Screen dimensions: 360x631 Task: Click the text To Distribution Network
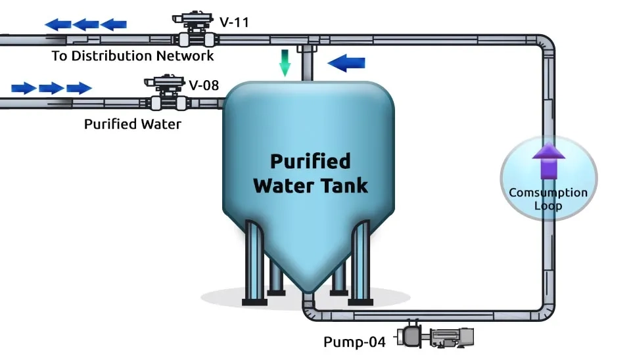pyautogui.click(x=133, y=56)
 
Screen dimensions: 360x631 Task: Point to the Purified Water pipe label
pyautogui.click(x=133, y=124)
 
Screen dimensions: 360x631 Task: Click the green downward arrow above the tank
pyautogui.click(x=285, y=63)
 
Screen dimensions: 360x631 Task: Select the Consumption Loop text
pyautogui.click(x=548, y=199)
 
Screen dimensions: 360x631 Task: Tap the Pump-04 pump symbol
pyautogui.click(x=434, y=338)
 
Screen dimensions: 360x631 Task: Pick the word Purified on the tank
pyautogui.click(x=310, y=161)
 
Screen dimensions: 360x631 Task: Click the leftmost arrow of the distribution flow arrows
pyautogui.click(x=58, y=25)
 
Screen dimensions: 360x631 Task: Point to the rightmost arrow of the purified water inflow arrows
pyautogui.click(x=79, y=88)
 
